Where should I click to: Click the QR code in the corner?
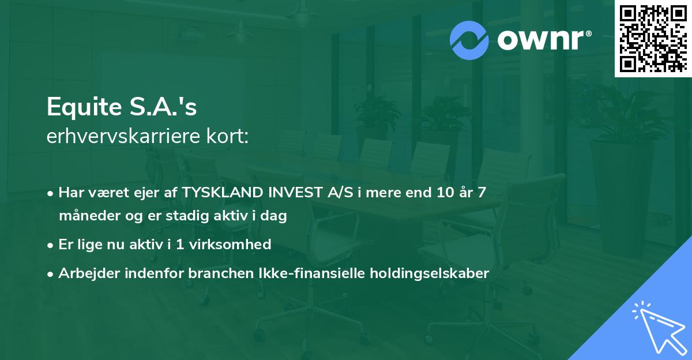point(653,39)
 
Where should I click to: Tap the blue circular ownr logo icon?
point(469,40)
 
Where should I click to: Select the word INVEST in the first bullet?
point(292,193)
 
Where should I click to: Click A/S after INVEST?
point(338,193)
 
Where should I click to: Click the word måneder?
point(85,216)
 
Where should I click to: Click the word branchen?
point(212,273)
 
